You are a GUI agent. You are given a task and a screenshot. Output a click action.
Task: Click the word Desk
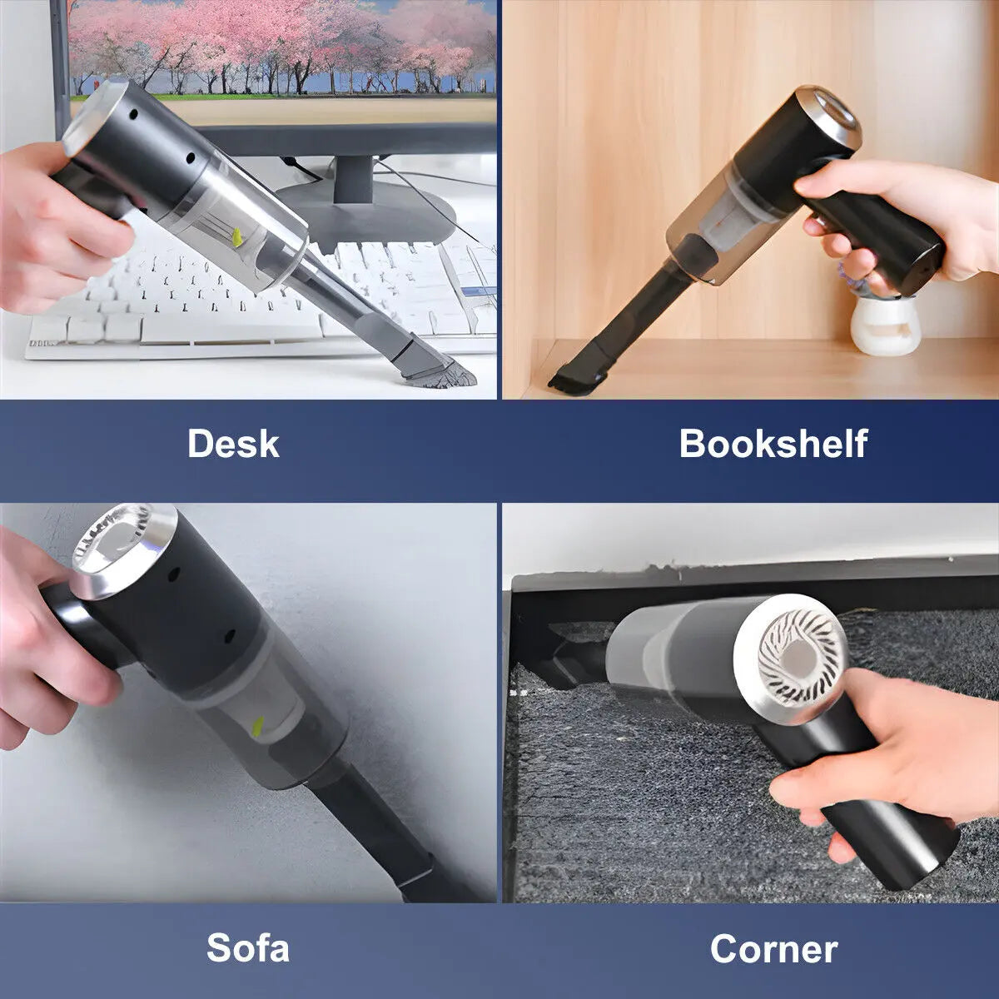(x=233, y=443)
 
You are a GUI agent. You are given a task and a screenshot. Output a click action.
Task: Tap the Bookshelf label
(x=773, y=443)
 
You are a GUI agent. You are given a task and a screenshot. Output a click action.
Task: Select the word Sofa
(x=248, y=947)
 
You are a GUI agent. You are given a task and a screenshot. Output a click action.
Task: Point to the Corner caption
(x=773, y=947)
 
